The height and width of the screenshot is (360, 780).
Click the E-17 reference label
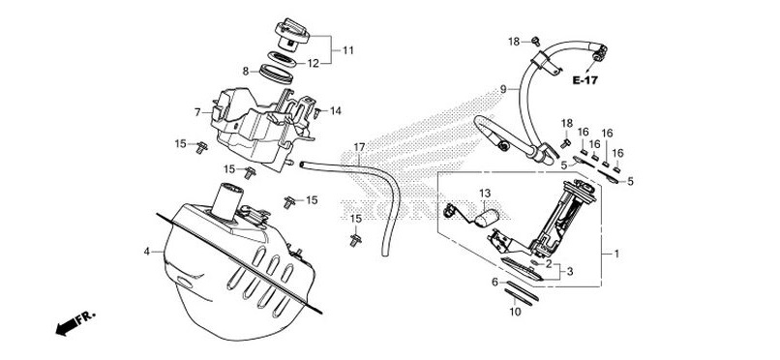point(585,80)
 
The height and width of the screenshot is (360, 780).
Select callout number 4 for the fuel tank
point(147,252)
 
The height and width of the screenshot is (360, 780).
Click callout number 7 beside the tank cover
point(197,113)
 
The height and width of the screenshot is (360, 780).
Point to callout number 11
point(348,50)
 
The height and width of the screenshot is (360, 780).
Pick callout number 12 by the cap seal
point(313,63)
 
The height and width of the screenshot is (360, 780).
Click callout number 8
point(245,72)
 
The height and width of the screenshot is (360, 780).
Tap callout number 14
point(336,111)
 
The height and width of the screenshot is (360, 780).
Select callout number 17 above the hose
point(359,147)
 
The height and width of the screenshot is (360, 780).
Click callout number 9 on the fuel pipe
point(503,89)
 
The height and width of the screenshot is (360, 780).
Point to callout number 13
point(485,193)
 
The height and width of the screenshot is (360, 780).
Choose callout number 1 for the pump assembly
point(616,255)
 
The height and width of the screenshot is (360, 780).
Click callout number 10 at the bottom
point(516,313)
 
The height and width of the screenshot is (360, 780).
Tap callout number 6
point(495,282)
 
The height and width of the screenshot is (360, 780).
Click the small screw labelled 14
point(316,113)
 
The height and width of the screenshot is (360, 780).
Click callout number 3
point(570,272)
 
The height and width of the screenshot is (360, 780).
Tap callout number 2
point(549,263)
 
